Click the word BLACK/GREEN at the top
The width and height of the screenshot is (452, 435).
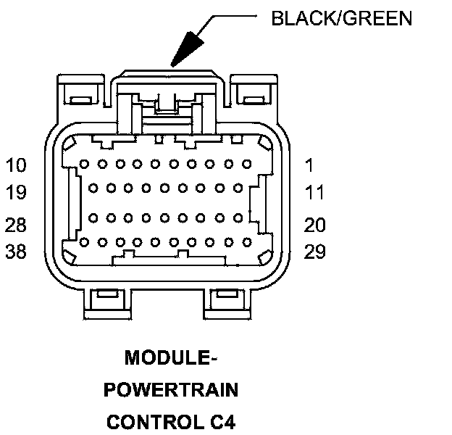tap(341, 18)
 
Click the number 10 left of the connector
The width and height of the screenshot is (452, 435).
tap(15, 165)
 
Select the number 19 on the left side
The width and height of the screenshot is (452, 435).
tap(15, 193)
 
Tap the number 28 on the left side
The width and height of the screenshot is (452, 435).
tap(15, 225)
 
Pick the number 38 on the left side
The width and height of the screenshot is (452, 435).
tap(15, 252)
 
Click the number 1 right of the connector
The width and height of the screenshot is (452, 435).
tap(310, 165)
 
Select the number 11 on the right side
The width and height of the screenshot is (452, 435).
tap(315, 193)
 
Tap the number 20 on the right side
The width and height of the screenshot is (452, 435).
tap(315, 225)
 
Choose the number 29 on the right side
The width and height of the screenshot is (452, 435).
tap(315, 252)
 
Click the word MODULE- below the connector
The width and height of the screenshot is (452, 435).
tap(171, 357)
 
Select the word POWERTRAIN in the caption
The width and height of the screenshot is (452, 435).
tap(171, 389)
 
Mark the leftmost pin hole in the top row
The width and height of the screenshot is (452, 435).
tap(85, 165)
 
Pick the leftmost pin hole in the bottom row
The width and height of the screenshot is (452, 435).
tap(85, 241)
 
